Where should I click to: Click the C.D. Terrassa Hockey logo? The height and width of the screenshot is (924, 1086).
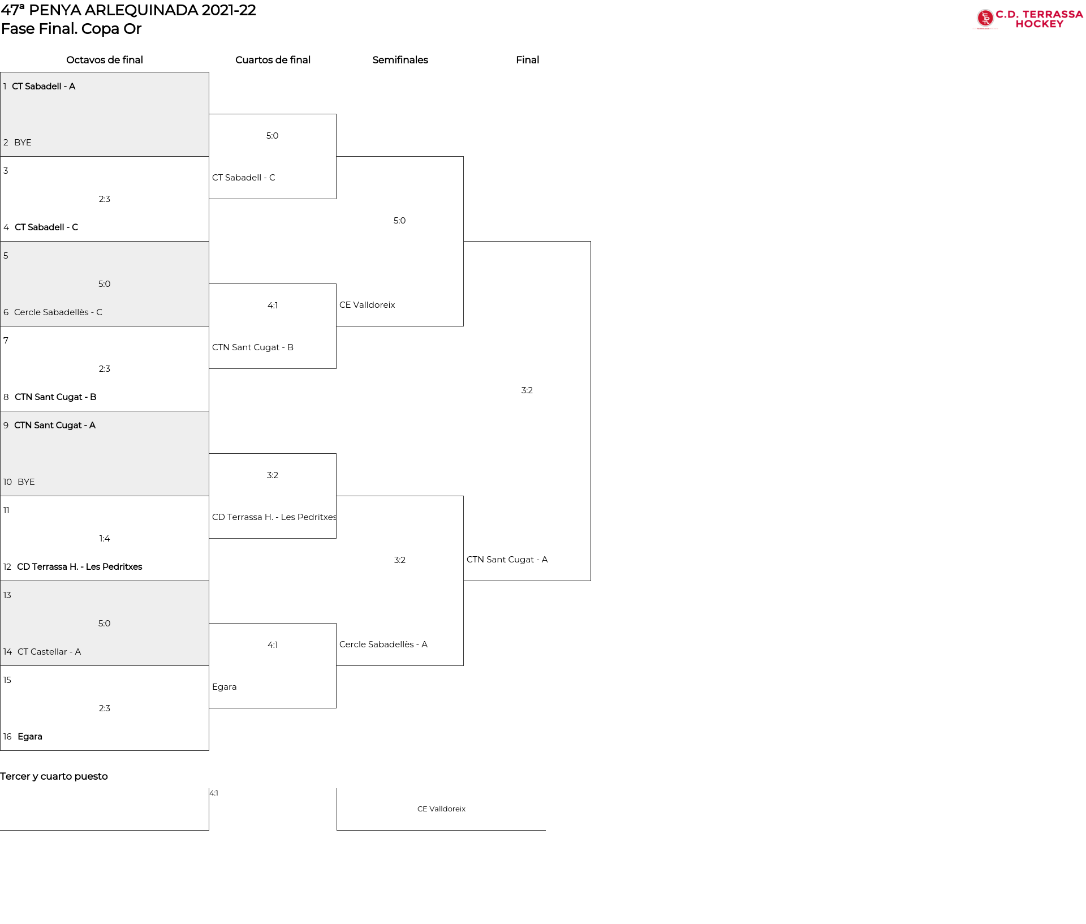(x=1029, y=19)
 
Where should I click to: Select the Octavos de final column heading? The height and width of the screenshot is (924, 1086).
(x=105, y=60)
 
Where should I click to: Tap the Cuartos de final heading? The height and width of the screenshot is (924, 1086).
(x=273, y=60)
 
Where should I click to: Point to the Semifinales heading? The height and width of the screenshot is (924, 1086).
(x=400, y=60)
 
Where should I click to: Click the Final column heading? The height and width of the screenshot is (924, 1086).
(x=527, y=60)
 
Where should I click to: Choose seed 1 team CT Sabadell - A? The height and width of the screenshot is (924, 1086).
(x=44, y=86)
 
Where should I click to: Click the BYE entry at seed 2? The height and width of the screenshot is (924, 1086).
(x=23, y=143)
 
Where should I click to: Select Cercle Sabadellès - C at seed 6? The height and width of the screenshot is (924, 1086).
(x=58, y=312)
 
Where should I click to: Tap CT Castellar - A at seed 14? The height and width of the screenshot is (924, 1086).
(x=49, y=652)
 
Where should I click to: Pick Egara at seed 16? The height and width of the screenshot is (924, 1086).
(x=30, y=737)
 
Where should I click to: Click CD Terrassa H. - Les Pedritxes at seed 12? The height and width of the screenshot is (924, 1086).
(x=80, y=567)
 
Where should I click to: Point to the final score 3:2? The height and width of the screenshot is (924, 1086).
(x=527, y=390)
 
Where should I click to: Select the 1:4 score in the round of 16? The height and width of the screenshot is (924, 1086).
(x=105, y=539)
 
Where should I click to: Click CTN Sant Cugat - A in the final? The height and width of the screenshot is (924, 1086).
(x=507, y=560)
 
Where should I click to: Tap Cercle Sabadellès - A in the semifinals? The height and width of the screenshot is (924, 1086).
(x=383, y=644)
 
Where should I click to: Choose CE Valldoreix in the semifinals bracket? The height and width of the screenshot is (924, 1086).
(x=367, y=305)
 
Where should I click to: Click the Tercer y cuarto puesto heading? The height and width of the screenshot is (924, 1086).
(x=54, y=776)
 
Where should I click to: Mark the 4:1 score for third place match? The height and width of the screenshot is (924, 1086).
(x=214, y=793)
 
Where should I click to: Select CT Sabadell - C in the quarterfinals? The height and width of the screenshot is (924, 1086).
(x=244, y=178)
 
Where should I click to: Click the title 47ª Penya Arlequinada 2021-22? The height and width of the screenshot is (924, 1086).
(x=128, y=10)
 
